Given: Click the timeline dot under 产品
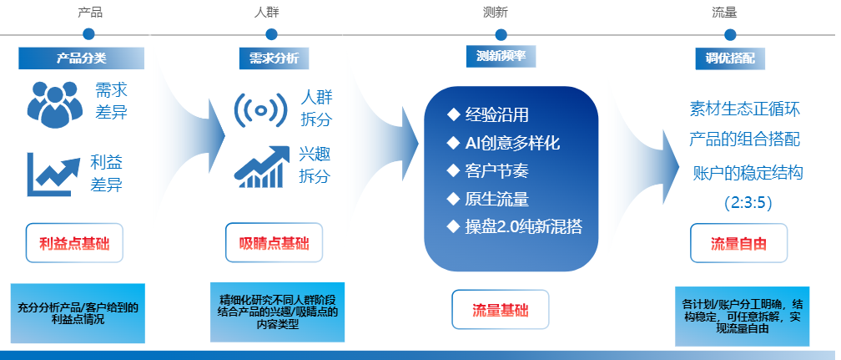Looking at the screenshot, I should coord(88,34).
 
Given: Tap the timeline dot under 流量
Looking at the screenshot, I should coord(730,34).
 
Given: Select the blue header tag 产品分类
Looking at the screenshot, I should coord(81,58).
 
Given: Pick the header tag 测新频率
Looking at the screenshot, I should coord(501,57).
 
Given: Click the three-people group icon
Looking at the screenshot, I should coord(56,104).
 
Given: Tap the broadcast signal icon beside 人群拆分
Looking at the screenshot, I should coord(261,109).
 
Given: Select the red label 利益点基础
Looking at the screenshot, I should coord(74,244).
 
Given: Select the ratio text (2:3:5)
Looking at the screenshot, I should coord(747,201).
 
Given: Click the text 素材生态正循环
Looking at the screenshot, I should coord(745,109).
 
